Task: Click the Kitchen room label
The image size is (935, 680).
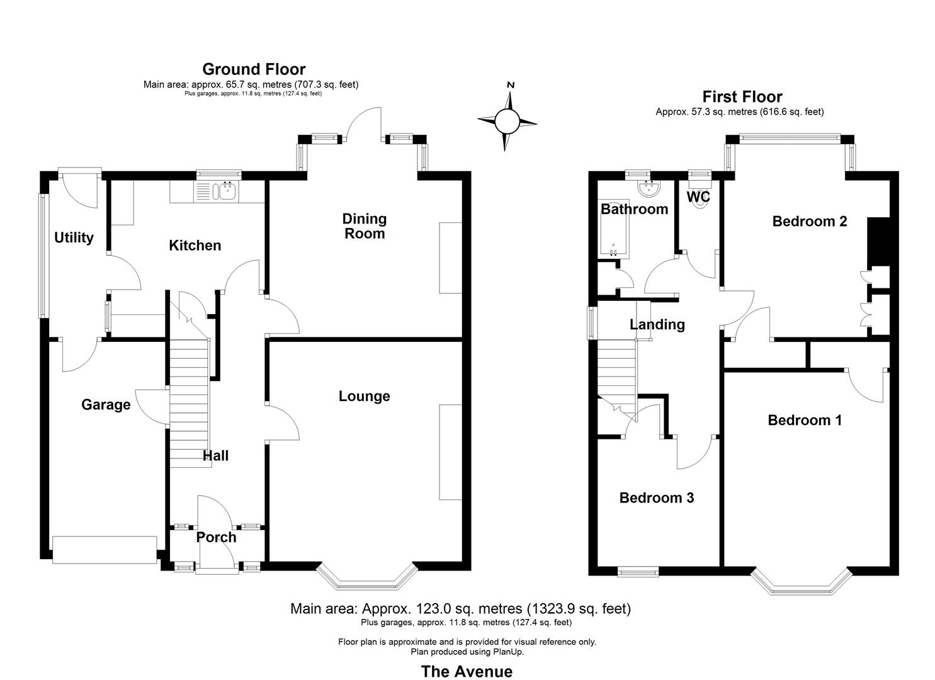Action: tap(195, 246)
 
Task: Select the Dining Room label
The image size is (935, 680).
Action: tap(364, 226)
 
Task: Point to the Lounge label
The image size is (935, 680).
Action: tap(364, 396)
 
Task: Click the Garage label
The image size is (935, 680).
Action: tap(106, 405)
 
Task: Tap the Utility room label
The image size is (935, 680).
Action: tap(74, 237)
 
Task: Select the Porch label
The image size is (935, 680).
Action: tap(217, 537)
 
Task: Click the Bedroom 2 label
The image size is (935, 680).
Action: tap(809, 221)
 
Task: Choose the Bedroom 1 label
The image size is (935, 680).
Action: tap(804, 420)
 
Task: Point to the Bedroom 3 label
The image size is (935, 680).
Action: tap(656, 498)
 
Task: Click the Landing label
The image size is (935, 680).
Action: tap(657, 324)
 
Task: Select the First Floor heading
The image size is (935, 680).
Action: tap(742, 97)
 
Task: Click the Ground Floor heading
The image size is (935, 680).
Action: tap(254, 69)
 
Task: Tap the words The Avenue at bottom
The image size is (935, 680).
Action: tap(467, 671)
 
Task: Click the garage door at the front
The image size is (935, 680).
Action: tap(105, 550)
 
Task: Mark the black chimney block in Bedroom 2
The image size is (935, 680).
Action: tap(878, 241)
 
